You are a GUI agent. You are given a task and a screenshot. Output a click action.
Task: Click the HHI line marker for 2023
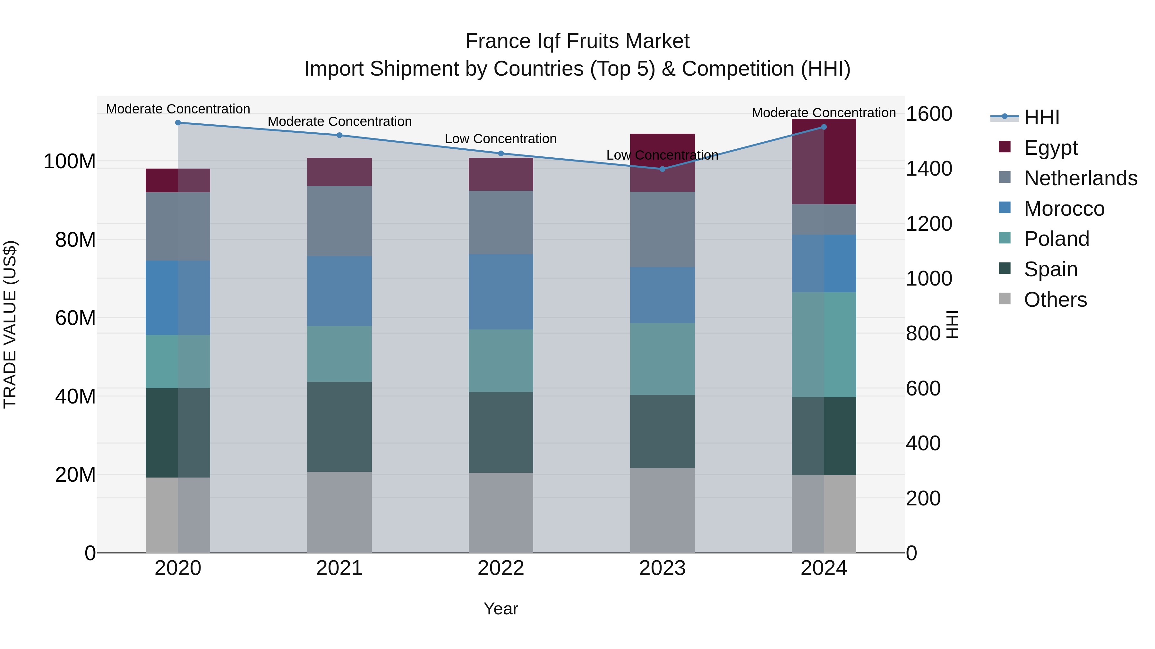pyautogui.click(x=662, y=169)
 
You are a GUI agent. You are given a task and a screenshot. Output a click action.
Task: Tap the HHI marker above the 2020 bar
pyautogui.click(x=178, y=123)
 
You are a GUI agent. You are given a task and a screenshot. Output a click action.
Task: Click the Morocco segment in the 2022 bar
pyautogui.click(x=501, y=292)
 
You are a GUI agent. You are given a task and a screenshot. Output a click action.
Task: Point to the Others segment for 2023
pyautogui.click(x=662, y=510)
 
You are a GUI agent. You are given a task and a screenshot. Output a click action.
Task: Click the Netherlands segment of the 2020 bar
pyautogui.click(x=178, y=227)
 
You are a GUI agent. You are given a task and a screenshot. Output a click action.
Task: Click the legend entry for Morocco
pyautogui.click(x=1064, y=209)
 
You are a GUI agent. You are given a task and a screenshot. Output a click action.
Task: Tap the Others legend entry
pyautogui.click(x=1055, y=300)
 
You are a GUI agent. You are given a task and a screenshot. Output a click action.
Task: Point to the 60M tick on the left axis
pyautogui.click(x=75, y=318)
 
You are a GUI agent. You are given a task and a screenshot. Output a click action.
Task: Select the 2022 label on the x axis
pyautogui.click(x=501, y=568)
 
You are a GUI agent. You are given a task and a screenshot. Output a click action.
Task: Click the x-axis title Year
pyautogui.click(x=501, y=609)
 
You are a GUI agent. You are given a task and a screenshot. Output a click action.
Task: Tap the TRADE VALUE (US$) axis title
pyautogui.click(x=10, y=324)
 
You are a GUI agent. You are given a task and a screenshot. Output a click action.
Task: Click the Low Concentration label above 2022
pyautogui.click(x=501, y=139)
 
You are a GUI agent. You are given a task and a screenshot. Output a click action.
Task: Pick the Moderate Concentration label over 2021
pyautogui.click(x=339, y=121)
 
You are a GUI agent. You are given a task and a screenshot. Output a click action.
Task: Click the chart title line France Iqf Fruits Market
pyautogui.click(x=577, y=41)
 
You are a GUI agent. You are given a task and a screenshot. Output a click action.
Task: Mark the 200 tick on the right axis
pyautogui.click(x=923, y=498)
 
